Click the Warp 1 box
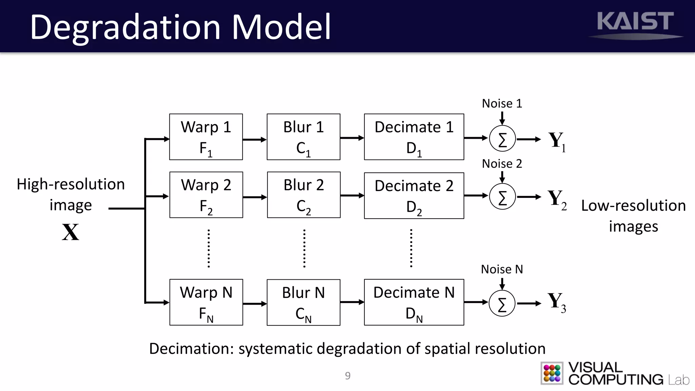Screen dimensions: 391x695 tap(206, 137)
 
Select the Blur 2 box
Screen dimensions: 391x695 tap(304, 195)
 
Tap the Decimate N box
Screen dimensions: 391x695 tap(414, 302)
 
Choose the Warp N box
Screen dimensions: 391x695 tap(206, 302)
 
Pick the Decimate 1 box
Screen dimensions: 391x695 tap(414, 137)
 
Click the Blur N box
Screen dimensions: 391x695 tap(303, 302)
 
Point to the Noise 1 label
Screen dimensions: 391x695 tap(502, 104)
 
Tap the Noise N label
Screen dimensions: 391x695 tap(502, 269)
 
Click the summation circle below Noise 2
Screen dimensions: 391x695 tap(502, 197)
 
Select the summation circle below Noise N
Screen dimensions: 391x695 tap(502, 303)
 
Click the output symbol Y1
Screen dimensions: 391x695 tap(557, 141)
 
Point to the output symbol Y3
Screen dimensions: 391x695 tap(557, 302)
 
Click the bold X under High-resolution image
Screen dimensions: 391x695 tap(71, 232)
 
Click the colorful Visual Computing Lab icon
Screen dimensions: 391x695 tap(552, 373)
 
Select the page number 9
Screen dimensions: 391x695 tap(347, 376)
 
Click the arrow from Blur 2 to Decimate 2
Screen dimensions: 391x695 tap(352, 195)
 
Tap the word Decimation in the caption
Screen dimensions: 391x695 tap(191, 349)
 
